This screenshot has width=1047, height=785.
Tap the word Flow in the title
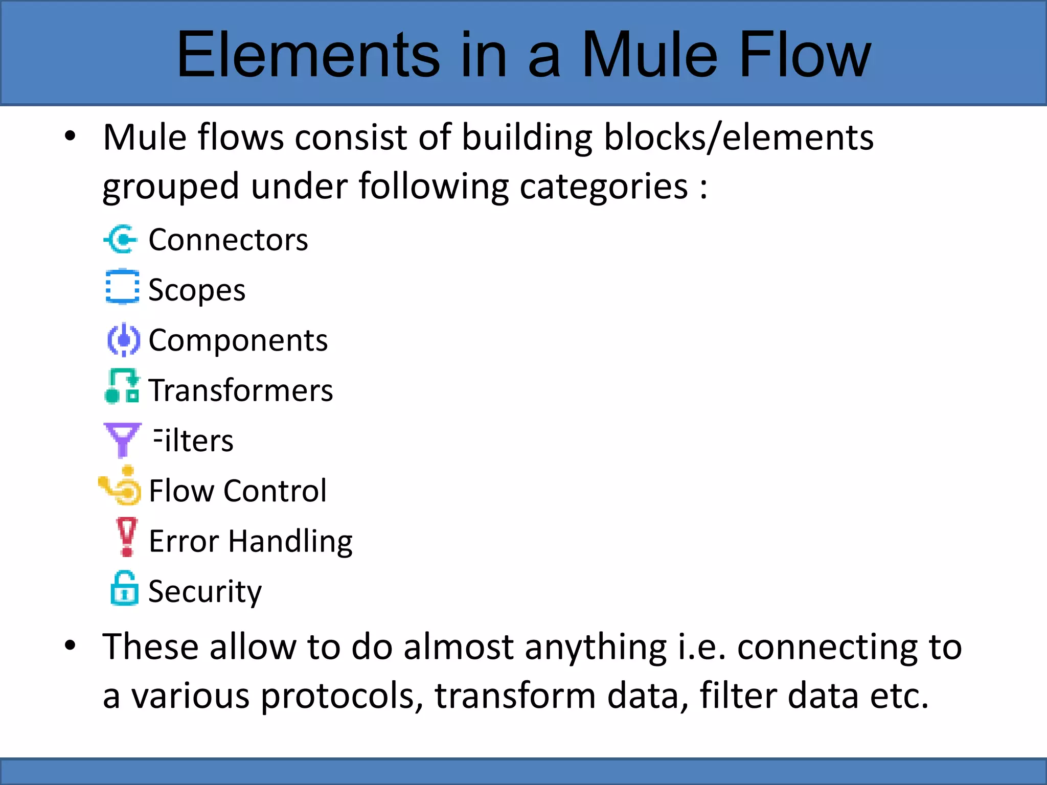[x=805, y=55]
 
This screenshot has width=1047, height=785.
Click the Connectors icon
[x=121, y=239]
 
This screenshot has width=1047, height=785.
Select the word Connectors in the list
[x=228, y=240]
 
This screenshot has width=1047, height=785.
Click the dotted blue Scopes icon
[x=122, y=287]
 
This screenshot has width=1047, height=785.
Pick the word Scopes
[x=196, y=290]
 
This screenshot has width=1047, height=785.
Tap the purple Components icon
[x=123, y=339]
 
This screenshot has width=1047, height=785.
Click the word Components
[x=238, y=340]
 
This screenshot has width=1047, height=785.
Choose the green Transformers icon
[x=122, y=387]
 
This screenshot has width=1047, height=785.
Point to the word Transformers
[x=240, y=390]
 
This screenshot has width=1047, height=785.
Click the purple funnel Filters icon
[x=122, y=439]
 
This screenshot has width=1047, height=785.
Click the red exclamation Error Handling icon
[x=127, y=537]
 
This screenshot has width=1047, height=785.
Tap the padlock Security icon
[x=124, y=588]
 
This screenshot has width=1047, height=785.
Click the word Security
[x=204, y=592]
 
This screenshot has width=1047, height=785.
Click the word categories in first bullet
[x=604, y=187]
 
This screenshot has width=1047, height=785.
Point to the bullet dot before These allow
[x=71, y=645]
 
